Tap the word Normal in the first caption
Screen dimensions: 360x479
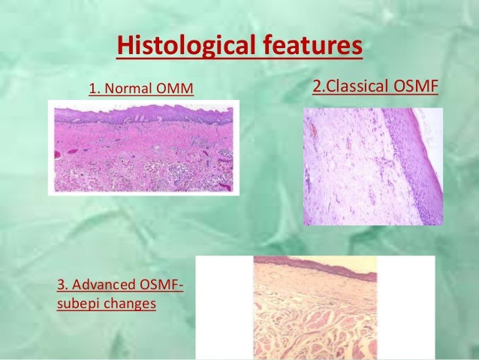coord(129,91)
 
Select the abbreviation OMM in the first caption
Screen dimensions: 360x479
coord(174,91)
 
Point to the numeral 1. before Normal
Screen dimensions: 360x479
coord(95,91)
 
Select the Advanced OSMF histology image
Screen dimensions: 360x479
coord(315,307)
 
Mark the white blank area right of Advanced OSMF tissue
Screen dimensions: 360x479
coord(405,308)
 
